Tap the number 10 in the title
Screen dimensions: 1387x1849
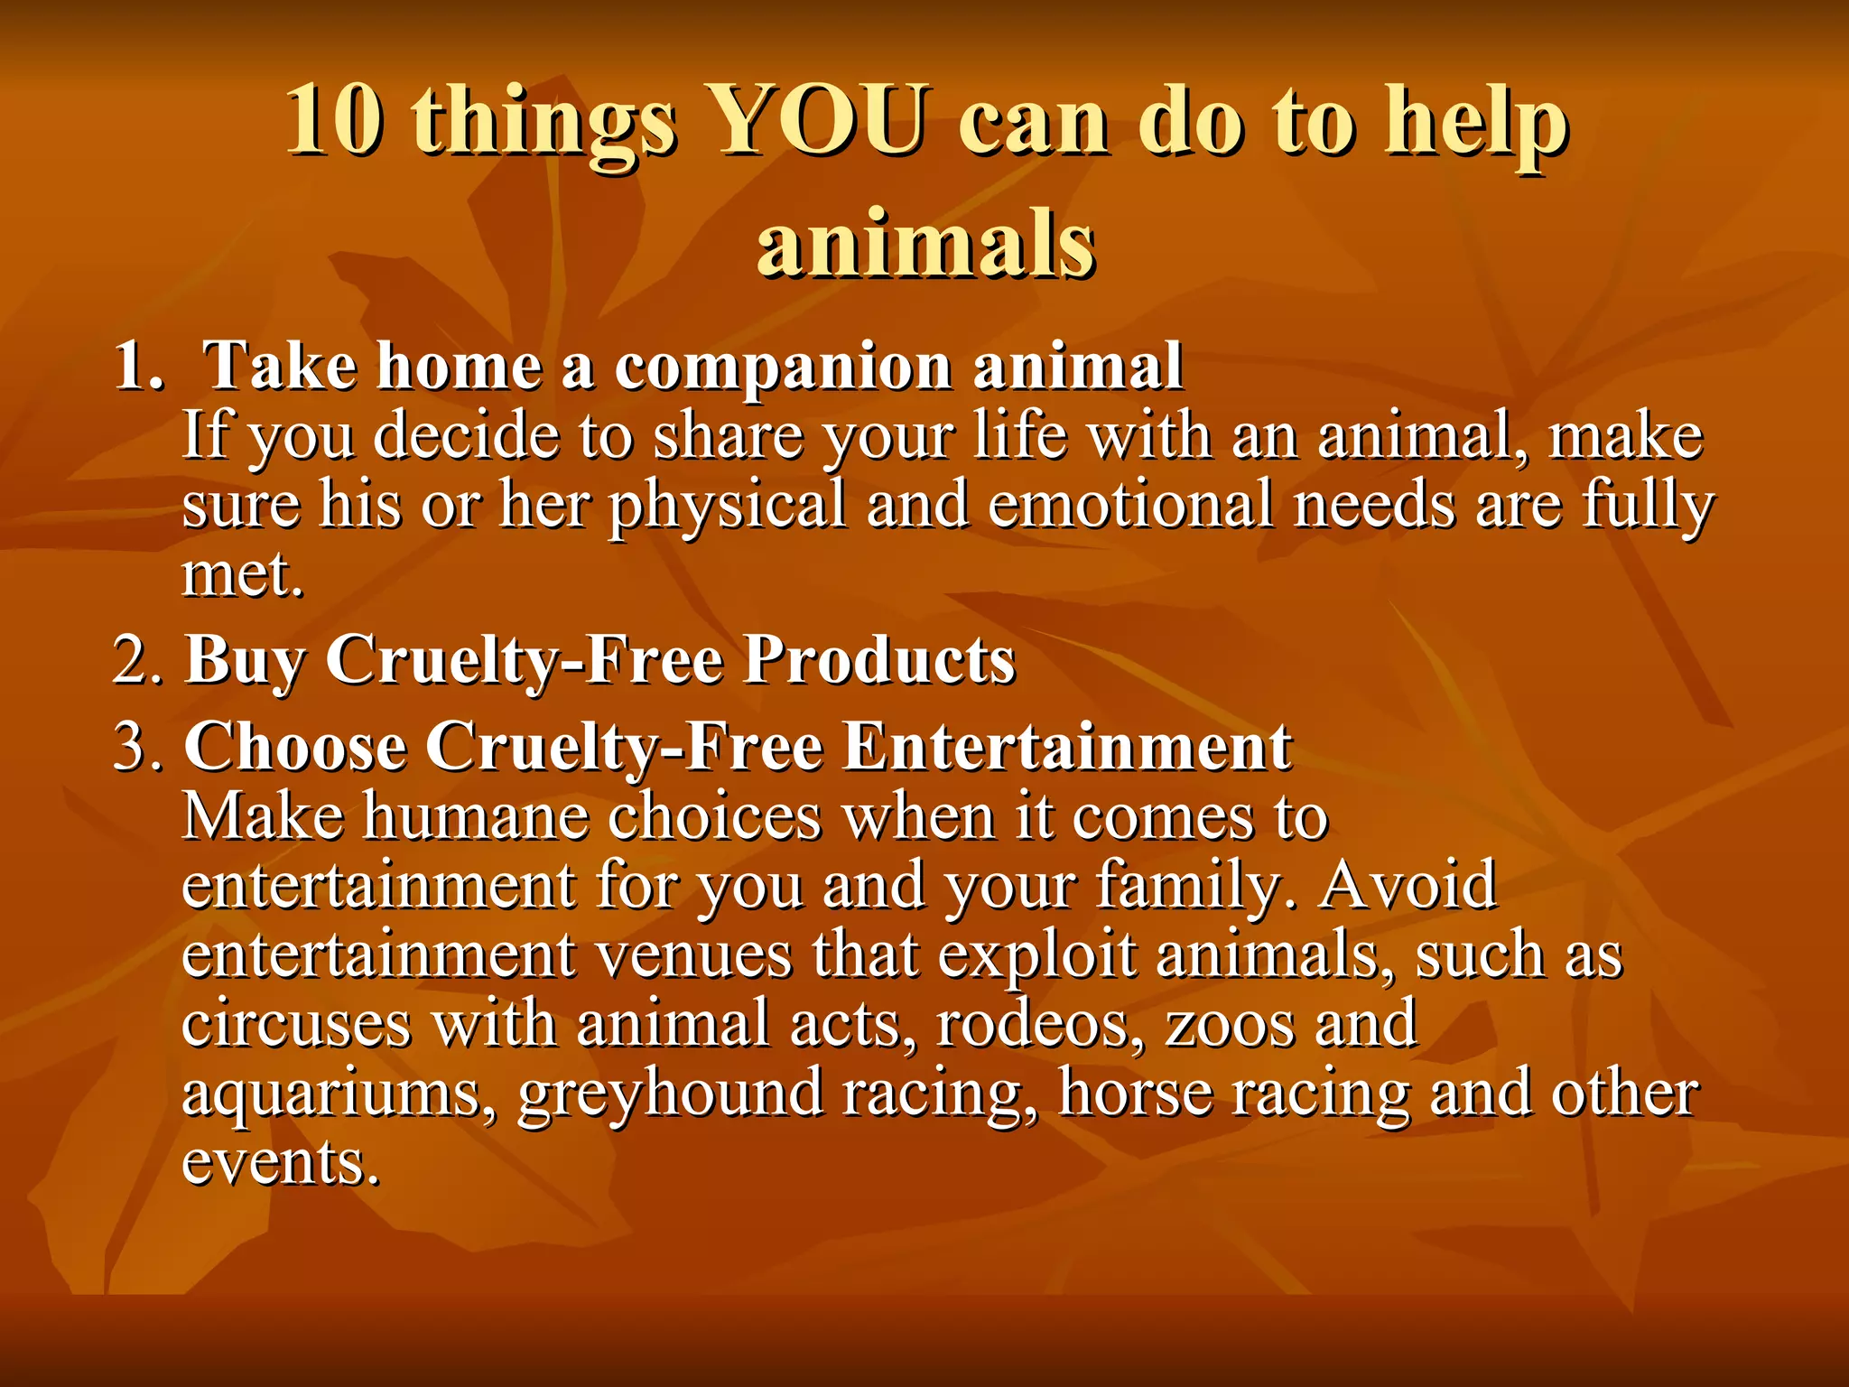tap(333, 122)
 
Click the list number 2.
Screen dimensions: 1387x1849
tap(138, 660)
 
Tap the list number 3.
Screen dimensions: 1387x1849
tap(138, 749)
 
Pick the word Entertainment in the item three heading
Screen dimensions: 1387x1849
tap(1067, 748)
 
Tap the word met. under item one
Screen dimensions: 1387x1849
tap(242, 574)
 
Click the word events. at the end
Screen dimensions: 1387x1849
tap(280, 1163)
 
